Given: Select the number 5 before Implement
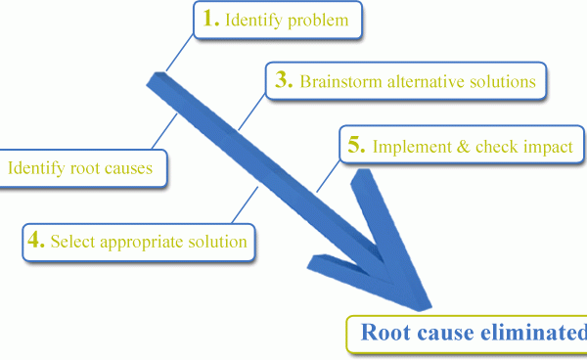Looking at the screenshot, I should click(x=356, y=146).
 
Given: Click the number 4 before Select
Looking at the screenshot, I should click(x=35, y=239).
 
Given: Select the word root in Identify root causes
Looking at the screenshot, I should click(x=83, y=168).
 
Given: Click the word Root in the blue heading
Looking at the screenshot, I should click(x=383, y=333).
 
